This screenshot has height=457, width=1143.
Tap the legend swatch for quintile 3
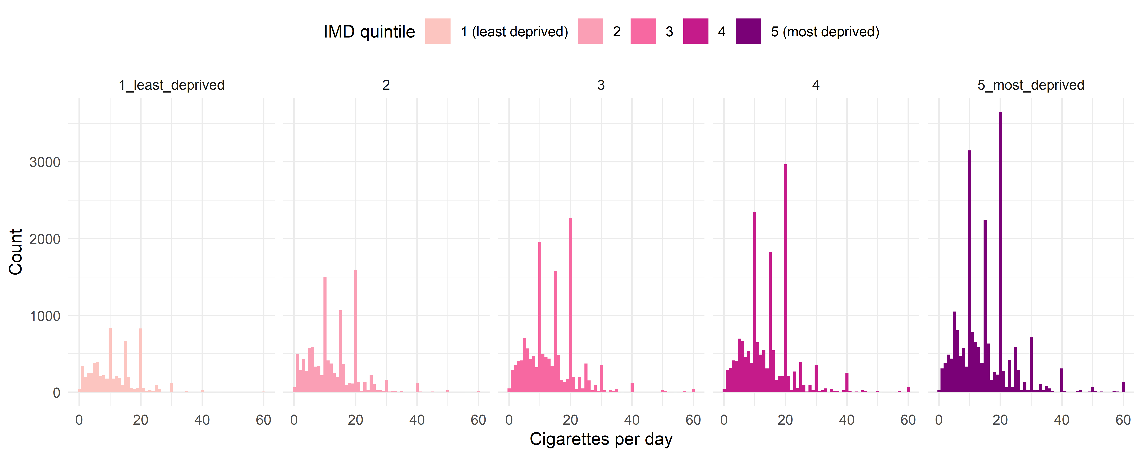click(643, 31)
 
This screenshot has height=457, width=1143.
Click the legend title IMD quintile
click(369, 31)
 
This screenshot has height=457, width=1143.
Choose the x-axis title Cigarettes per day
click(601, 439)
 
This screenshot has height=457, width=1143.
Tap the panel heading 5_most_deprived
click(1031, 85)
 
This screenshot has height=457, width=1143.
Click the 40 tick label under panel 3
click(632, 420)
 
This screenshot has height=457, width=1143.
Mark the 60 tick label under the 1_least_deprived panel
click(264, 420)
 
